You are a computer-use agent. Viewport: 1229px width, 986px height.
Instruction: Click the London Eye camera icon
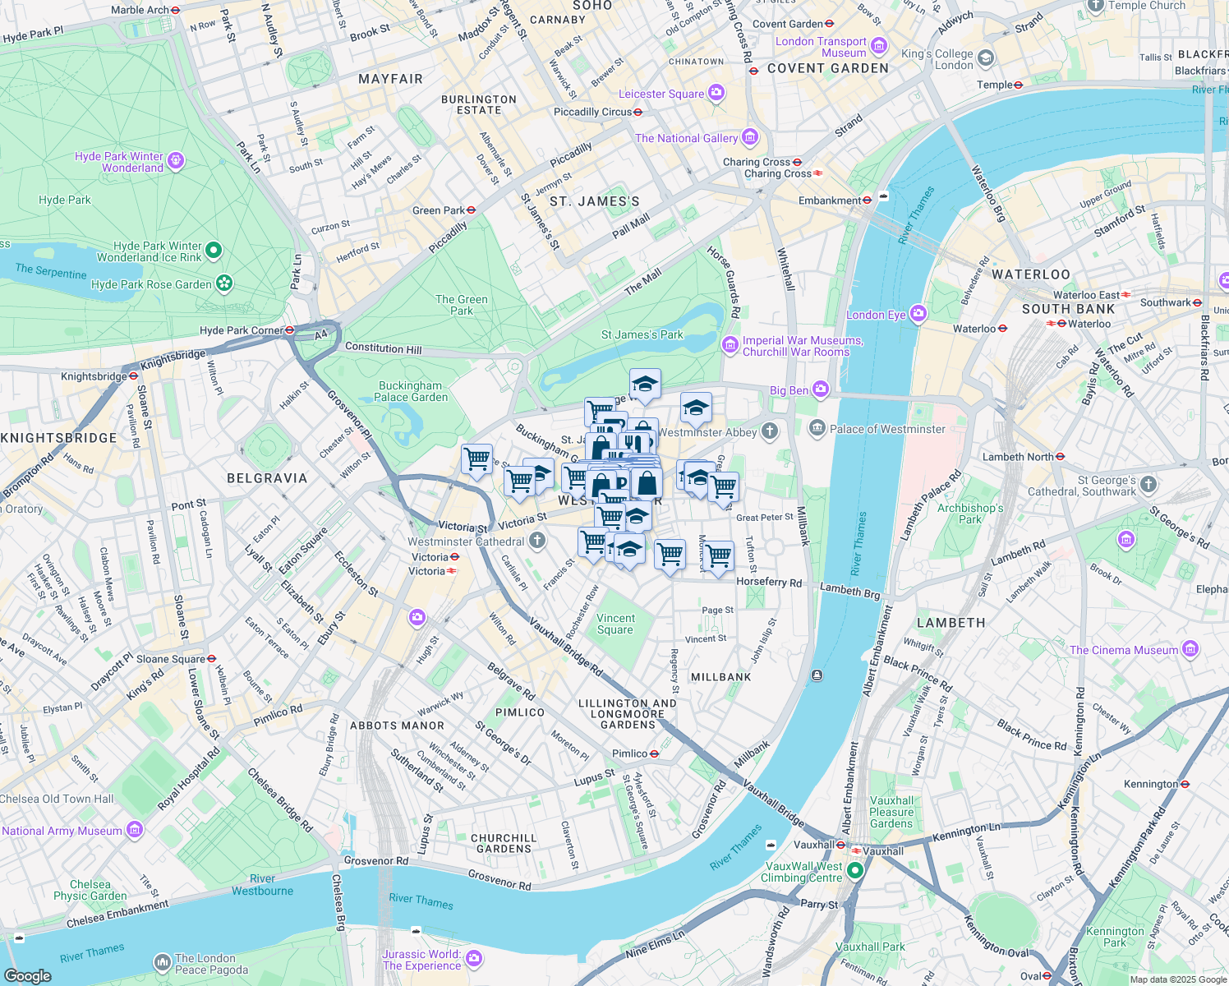918,314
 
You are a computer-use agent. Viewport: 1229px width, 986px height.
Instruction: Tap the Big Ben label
789,390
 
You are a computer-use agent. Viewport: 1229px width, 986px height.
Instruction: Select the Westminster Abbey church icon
769,431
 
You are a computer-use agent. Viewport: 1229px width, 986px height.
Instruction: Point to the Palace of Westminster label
887,429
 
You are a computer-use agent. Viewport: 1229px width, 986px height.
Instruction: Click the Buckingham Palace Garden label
411,391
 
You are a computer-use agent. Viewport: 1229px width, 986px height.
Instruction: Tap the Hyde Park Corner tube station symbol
289,330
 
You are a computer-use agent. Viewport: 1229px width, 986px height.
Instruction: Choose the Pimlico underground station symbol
654,753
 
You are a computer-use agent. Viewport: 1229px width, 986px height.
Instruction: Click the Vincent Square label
615,624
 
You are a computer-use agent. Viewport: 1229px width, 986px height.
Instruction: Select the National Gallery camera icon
749,137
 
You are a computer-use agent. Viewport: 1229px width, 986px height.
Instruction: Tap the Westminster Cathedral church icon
536,541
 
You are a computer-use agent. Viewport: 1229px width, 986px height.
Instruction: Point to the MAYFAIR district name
390,79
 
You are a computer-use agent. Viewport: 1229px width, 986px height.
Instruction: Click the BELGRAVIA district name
267,478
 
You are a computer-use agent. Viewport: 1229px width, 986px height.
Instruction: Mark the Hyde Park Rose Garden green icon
223,284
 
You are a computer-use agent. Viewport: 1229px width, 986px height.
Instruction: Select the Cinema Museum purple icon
1190,650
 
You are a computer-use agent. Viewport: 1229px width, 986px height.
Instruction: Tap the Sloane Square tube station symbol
211,659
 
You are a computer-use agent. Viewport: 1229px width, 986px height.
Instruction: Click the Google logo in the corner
27,975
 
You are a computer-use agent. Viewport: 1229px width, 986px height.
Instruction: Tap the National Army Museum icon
134,831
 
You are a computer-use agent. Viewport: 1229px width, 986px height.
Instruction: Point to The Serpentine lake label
50,271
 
